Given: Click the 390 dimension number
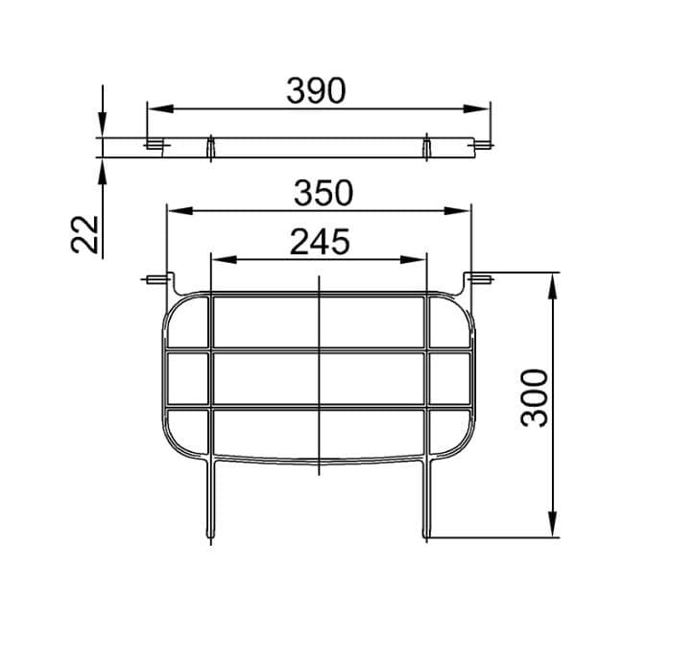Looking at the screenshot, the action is tap(316, 91).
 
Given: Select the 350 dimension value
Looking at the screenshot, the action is tap(324, 193).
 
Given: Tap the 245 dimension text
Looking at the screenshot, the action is tap(320, 242).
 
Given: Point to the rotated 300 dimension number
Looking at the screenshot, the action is tap(535, 397).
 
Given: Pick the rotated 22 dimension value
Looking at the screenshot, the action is tap(84, 234).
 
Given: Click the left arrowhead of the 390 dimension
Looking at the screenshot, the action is tap(160, 108).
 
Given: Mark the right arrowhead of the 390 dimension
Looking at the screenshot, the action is tap(476, 108).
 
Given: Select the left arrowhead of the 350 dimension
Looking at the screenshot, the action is tap(180, 211).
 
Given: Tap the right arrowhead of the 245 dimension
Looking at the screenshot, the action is tap(413, 260).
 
